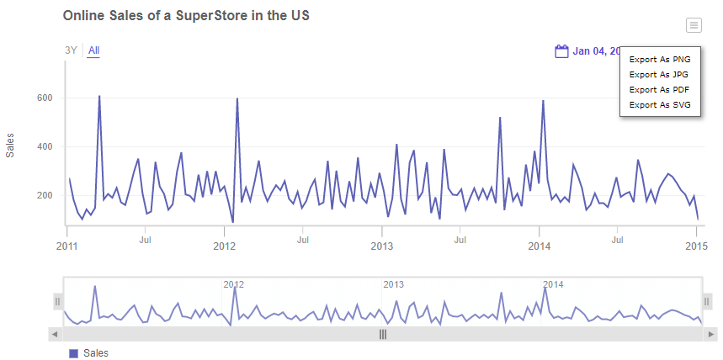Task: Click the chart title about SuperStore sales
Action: coord(186,17)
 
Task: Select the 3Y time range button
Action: coord(71,50)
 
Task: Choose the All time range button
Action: coord(93,50)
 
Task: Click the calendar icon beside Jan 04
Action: coord(562,51)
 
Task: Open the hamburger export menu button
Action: coord(693,25)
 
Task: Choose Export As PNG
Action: coord(660,60)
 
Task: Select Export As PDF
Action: coord(660,89)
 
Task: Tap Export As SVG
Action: coord(660,104)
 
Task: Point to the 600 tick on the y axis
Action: coord(45,98)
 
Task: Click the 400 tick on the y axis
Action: coord(45,147)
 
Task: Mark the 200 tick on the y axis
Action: coord(45,196)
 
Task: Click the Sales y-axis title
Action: coord(10,146)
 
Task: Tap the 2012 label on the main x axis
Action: coord(225,246)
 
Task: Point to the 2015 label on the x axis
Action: coord(696,246)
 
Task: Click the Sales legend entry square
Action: coord(72,353)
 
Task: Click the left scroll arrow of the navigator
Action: coord(56,334)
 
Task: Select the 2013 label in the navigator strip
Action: coord(394,284)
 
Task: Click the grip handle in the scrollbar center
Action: coord(383,334)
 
